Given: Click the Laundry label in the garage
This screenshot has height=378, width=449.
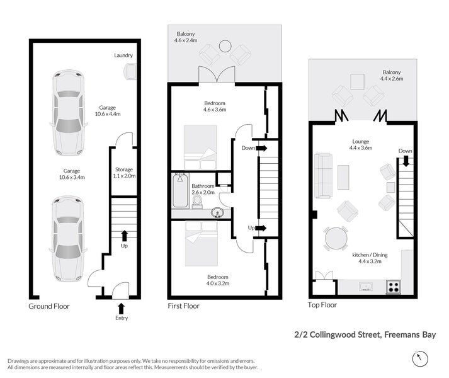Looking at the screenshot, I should point(123,55).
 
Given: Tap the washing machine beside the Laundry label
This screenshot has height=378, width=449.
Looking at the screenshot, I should point(130,71).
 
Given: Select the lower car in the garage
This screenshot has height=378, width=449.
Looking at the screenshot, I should point(67,238).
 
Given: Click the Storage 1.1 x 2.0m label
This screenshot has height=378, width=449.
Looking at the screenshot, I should point(123,173).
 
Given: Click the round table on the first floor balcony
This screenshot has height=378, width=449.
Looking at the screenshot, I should point(224,45).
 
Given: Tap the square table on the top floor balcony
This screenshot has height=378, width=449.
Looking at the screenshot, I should point(358,81).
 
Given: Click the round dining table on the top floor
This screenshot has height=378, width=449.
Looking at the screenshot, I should point(336,239).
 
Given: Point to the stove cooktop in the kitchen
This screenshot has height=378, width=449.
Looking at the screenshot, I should point(394,287).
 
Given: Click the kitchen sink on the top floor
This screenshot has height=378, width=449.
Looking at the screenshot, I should point(366,287).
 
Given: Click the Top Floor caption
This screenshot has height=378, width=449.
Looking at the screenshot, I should point(322,305).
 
